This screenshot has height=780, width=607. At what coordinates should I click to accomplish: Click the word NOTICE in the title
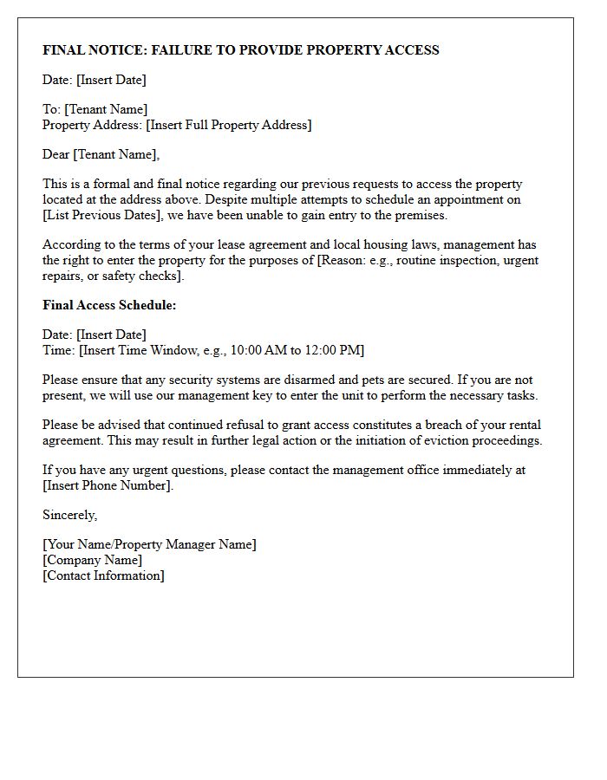click(115, 50)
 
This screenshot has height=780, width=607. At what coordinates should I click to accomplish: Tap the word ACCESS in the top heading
click(410, 50)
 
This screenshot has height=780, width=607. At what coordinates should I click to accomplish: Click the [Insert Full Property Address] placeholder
click(229, 125)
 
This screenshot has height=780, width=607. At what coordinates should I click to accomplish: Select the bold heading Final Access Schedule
click(109, 305)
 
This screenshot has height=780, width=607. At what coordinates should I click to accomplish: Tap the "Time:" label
click(58, 350)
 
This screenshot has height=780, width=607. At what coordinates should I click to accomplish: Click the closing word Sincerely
click(69, 515)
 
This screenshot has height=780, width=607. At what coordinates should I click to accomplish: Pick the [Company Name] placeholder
click(92, 560)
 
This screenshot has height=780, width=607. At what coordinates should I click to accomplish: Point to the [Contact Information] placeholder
click(103, 575)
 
